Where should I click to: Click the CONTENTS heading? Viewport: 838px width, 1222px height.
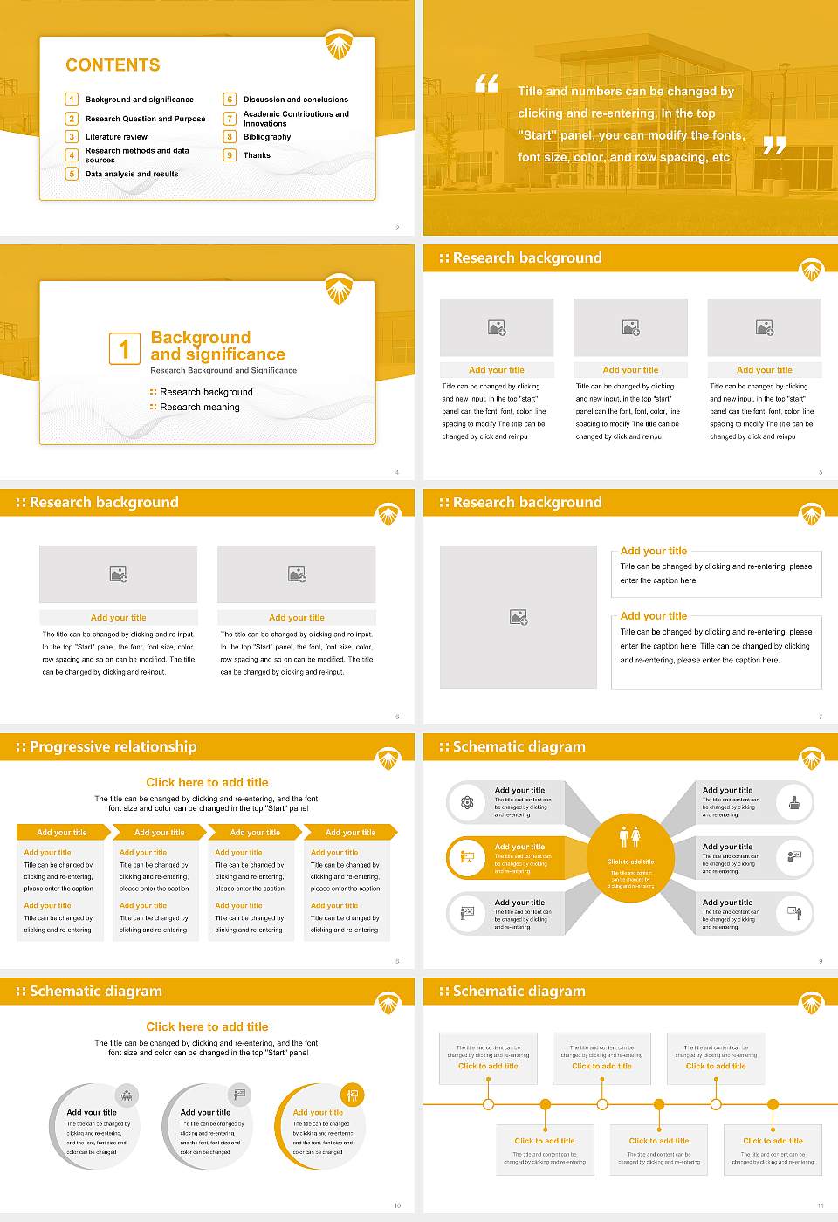113,65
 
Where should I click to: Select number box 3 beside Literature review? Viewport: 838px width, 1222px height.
72,136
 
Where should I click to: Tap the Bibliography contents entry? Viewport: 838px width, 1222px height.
266,137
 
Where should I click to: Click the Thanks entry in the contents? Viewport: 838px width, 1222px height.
257,155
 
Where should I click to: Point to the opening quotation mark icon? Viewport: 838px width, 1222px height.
486,84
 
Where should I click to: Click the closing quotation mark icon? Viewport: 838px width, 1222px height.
774,146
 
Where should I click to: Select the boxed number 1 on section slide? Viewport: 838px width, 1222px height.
124,348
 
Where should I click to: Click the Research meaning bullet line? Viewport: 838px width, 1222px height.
199,408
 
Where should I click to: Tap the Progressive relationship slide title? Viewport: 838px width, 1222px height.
113,747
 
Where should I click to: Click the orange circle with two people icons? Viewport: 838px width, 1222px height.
630,858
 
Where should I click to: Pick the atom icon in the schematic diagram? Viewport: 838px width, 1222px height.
467,802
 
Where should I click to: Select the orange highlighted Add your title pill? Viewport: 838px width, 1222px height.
506,858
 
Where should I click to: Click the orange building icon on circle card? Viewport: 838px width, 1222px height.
352,1095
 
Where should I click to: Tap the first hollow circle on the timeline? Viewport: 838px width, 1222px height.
488,1104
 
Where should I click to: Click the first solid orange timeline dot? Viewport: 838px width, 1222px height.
545,1104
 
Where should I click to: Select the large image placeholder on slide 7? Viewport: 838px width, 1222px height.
519,617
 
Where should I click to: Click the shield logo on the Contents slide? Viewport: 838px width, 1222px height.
339,45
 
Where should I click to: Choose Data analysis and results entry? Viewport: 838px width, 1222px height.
131,174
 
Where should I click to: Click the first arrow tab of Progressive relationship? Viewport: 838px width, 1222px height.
62,832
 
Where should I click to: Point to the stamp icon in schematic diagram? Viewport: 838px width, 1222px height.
793,802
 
